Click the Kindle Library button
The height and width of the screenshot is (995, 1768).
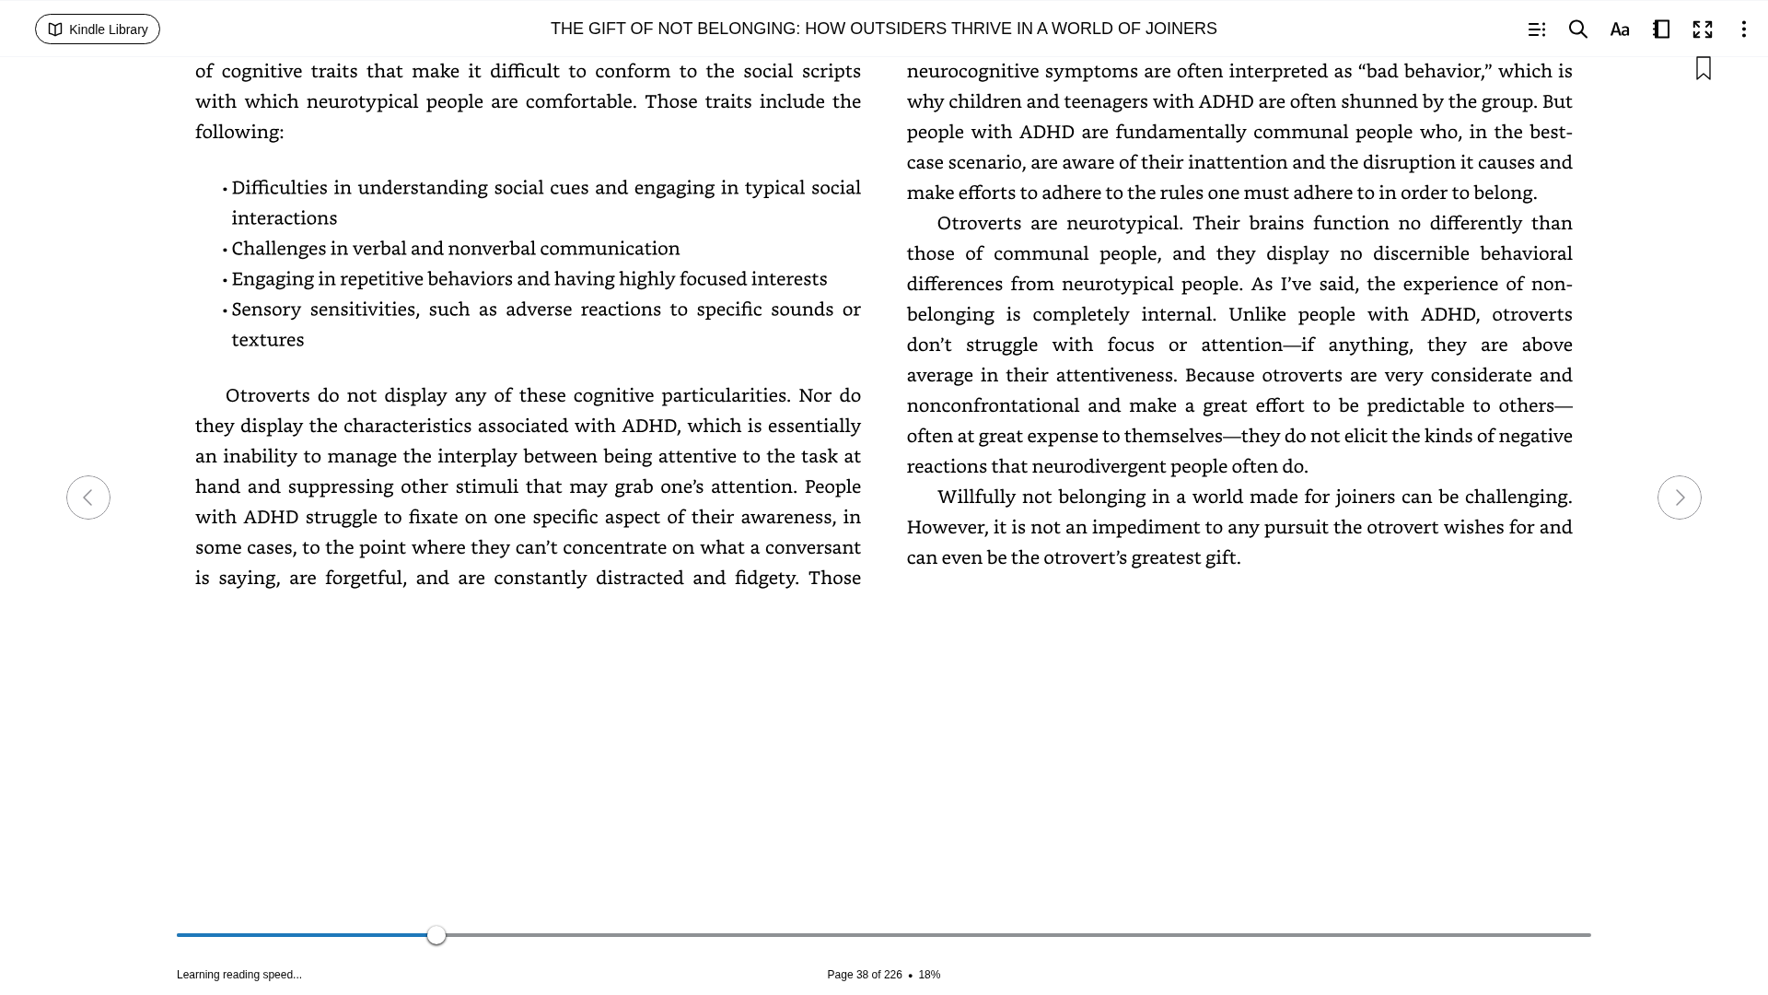[98, 29]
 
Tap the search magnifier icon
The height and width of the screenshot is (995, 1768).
[1578, 29]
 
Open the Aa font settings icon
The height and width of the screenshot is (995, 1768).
[1620, 29]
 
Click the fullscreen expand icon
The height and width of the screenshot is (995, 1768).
[1703, 29]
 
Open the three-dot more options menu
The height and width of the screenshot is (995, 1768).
[1743, 29]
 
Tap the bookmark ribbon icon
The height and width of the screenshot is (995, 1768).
[1704, 69]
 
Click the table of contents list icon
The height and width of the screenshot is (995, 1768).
[1537, 29]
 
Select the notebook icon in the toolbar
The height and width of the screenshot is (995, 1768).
[1661, 29]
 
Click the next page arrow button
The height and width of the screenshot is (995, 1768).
[1679, 497]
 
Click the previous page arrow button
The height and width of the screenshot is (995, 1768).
[88, 497]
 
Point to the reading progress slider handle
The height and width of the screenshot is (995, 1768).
[436, 935]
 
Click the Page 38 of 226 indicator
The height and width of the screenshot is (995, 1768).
[864, 975]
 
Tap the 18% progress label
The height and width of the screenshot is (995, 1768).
[929, 975]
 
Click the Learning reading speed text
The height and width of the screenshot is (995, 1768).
[239, 975]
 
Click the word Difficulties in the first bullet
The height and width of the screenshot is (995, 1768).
[280, 188]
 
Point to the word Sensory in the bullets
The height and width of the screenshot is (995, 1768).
[266, 310]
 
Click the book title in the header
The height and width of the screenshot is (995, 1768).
[883, 29]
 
